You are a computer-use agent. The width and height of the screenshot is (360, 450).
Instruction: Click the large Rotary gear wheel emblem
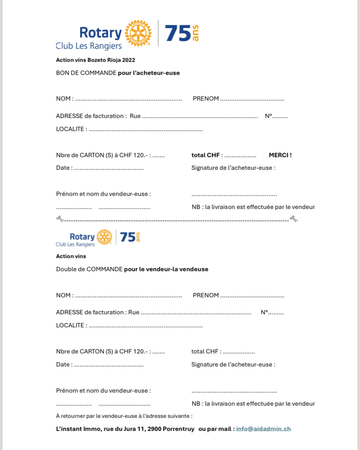[138, 33]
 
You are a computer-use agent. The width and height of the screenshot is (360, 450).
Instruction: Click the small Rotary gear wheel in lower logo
[104, 237]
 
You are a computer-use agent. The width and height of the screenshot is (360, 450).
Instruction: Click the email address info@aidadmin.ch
[263, 429]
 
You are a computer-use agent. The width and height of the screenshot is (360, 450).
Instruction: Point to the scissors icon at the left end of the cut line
[60, 219]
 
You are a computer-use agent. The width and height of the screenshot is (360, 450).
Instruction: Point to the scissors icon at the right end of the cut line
[293, 219]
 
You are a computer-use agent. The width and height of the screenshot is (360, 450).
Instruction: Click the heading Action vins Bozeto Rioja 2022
[99, 60]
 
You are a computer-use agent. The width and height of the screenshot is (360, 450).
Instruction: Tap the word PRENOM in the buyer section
[206, 99]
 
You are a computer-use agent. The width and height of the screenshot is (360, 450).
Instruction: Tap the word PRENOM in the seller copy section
[206, 295]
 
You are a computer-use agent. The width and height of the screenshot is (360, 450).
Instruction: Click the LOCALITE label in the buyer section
[70, 129]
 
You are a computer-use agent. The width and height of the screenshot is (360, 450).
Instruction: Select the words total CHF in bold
[205, 155]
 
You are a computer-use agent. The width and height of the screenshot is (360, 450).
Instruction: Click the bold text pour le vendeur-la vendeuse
[166, 269]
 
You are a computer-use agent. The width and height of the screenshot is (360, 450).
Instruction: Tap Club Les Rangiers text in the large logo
[89, 45]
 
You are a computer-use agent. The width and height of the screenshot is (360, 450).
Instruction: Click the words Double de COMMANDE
[89, 269]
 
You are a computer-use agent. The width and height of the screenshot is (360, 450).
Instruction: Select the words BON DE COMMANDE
[86, 73]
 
